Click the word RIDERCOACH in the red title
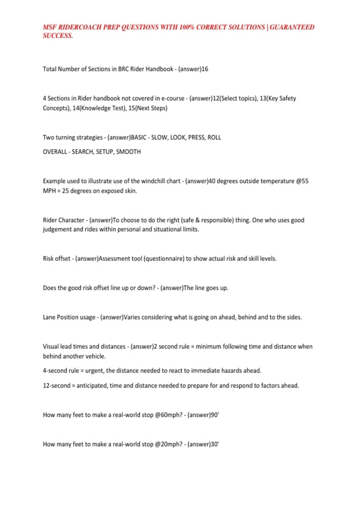[80, 27]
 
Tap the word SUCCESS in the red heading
[58, 36]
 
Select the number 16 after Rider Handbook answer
[205, 69]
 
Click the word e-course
[173, 98]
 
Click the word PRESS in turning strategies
[197, 137]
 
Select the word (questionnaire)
[164, 259]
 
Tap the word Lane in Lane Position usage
[49, 317]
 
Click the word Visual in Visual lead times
[51, 347]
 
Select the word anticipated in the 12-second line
[91, 386]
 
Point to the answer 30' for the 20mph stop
[215, 444]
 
